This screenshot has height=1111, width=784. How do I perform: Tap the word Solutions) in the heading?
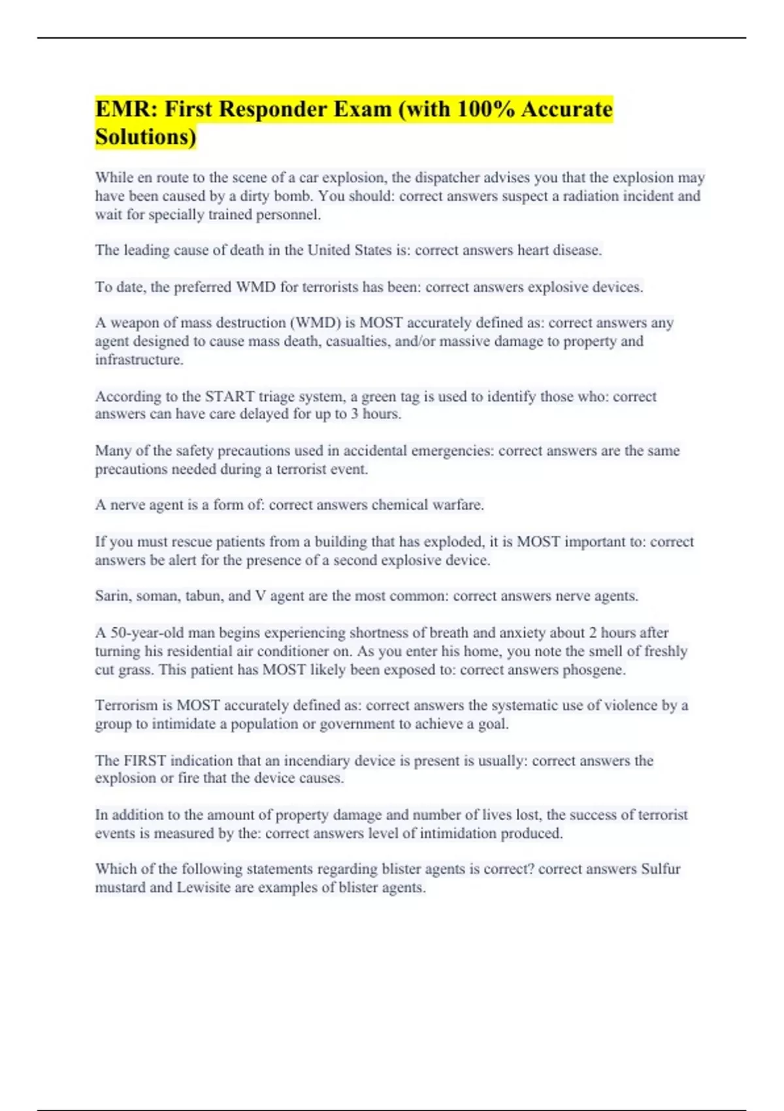pyautogui.click(x=146, y=137)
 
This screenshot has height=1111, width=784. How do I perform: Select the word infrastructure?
pyautogui.click(x=139, y=359)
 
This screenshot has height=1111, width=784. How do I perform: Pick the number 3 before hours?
pyautogui.click(x=354, y=414)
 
